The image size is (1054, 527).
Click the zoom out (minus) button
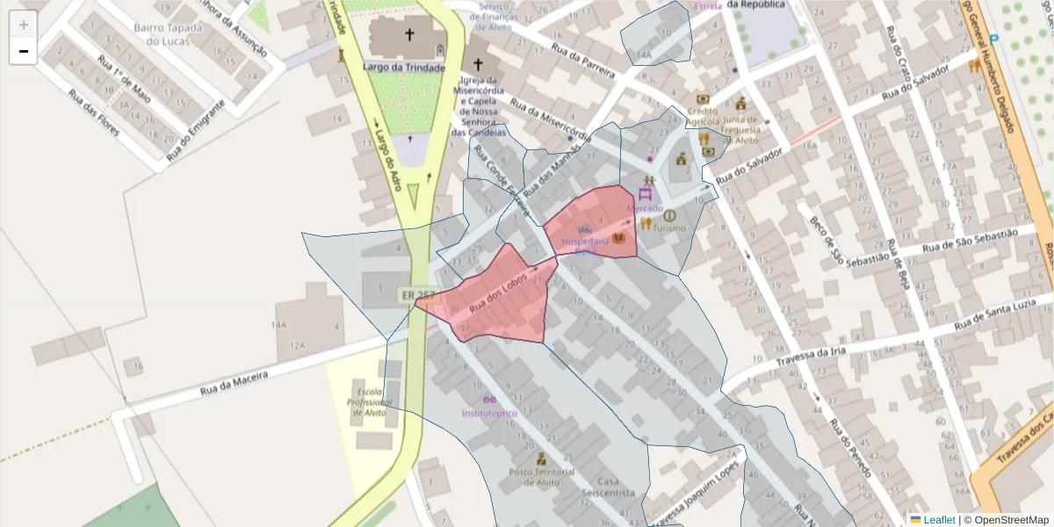[x=24, y=51]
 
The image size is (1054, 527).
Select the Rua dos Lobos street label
[x=498, y=292]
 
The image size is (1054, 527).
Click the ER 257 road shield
[x=416, y=295]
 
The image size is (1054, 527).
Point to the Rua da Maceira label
[x=233, y=380]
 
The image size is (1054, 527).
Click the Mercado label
[x=645, y=208]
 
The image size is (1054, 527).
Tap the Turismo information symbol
[x=669, y=215]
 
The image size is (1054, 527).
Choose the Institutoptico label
[x=489, y=413]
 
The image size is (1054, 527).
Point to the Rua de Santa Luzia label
[x=1001, y=314]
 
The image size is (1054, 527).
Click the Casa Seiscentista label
[x=607, y=487]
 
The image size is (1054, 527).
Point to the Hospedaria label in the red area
[x=585, y=241]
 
